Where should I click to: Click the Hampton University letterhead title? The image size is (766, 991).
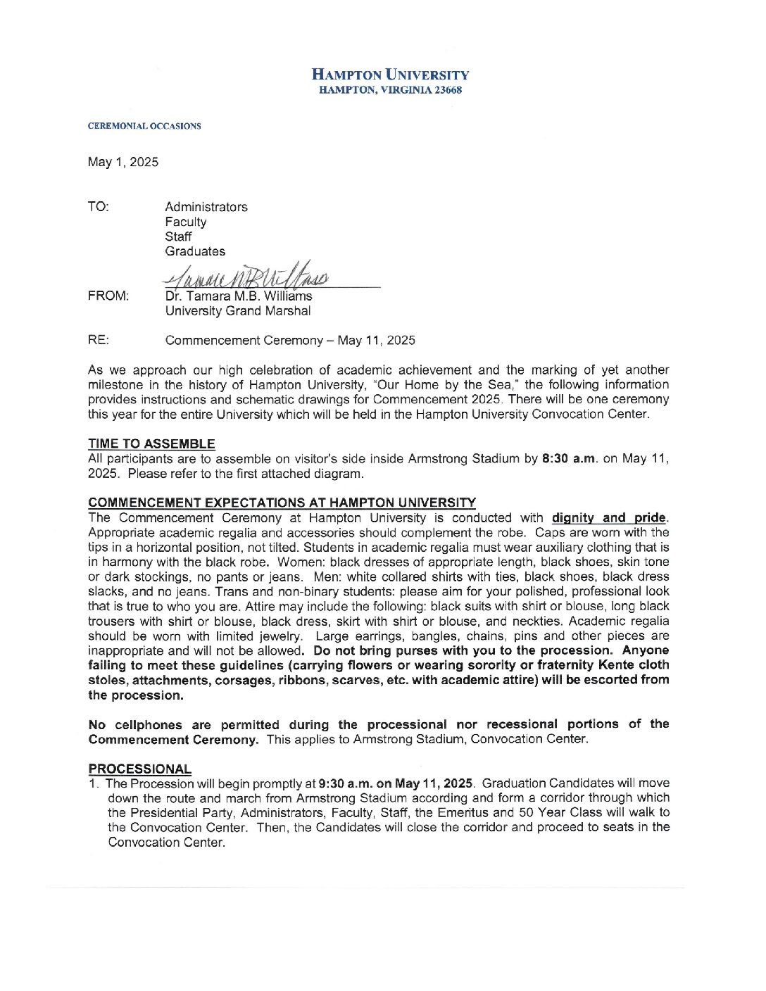click(390, 75)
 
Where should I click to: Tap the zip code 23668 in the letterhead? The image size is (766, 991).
click(448, 90)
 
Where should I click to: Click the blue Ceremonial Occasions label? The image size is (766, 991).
click(144, 126)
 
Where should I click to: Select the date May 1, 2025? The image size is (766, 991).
click(123, 162)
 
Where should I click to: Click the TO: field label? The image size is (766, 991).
click(99, 207)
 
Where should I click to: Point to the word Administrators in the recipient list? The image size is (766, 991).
click(206, 207)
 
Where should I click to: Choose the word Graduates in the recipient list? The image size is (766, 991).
click(195, 251)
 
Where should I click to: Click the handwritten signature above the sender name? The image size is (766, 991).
click(246, 275)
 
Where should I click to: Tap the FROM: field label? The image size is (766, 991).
click(108, 296)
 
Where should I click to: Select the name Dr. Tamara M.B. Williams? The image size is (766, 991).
click(239, 296)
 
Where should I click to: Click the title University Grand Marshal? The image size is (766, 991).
click(238, 311)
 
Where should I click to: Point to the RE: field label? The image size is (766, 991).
click(99, 341)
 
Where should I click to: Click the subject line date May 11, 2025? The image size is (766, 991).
click(376, 341)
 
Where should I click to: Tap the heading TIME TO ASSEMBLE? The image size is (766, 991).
click(151, 444)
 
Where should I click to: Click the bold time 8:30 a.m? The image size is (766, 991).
click(570, 459)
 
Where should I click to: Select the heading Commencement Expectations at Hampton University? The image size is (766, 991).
click(282, 503)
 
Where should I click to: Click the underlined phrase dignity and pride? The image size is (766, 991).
click(608, 518)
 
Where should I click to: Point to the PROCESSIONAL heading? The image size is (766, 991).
click(139, 769)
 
